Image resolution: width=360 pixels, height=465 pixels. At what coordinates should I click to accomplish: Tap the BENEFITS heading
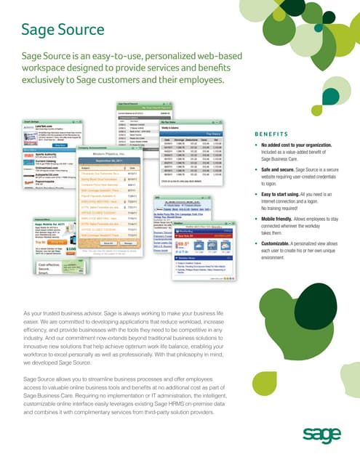(273, 134)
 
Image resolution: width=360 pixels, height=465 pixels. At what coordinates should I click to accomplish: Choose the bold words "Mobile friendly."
(279, 217)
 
